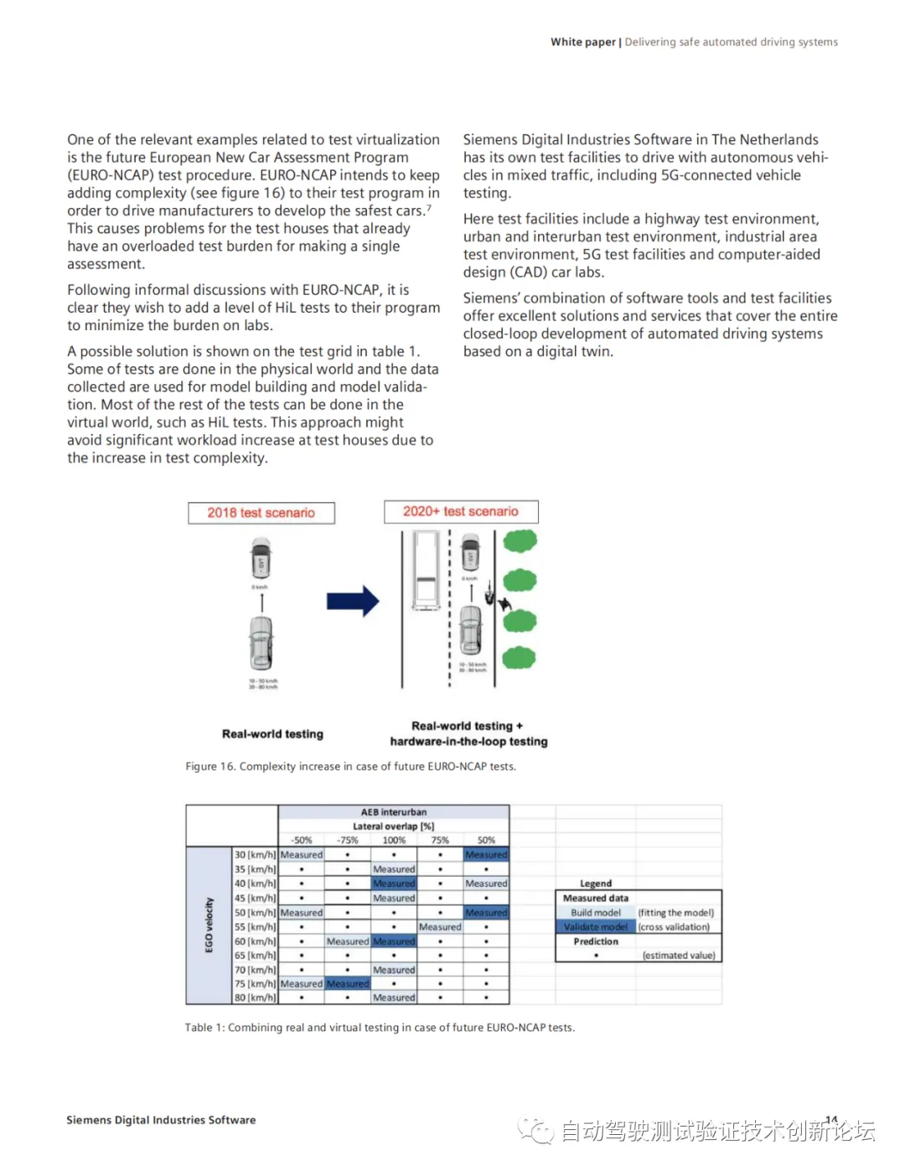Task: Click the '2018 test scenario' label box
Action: pos(261,513)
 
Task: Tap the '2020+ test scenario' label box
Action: pos(461,511)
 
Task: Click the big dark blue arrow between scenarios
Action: pos(353,601)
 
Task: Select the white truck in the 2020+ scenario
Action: pos(427,570)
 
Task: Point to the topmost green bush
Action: pos(520,541)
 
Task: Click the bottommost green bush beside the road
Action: pos(520,657)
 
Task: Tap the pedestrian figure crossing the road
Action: pos(504,603)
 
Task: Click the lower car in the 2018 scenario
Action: pos(261,643)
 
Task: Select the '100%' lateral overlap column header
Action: pos(394,840)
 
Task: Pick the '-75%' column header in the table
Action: pos(347,840)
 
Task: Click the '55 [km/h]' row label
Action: pos(255,927)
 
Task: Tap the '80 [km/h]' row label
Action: pos(255,997)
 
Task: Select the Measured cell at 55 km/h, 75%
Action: pos(440,927)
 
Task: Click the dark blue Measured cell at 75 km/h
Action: pos(348,984)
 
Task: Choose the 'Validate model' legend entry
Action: pos(595,927)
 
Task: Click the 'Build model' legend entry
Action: pos(596,913)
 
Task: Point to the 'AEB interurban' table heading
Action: pos(394,812)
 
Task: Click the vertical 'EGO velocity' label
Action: pos(209,925)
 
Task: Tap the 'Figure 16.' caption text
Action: pos(210,766)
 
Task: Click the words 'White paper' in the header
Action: pos(582,42)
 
